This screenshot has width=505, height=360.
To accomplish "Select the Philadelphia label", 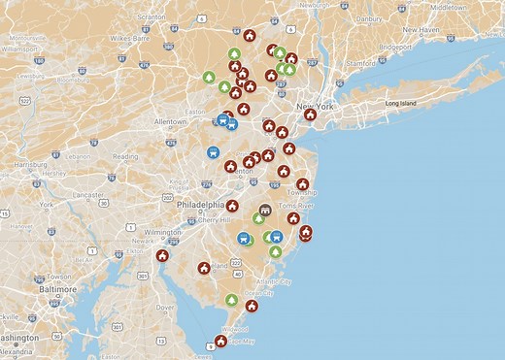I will (198, 206).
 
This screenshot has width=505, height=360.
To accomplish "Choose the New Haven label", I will (422, 29).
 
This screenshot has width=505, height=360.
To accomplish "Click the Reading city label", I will (125, 156).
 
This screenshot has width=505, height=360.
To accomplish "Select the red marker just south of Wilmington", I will (162, 256).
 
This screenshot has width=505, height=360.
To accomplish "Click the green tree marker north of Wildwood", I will (231, 300).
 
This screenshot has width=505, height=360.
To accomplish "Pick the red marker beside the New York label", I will (310, 115).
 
